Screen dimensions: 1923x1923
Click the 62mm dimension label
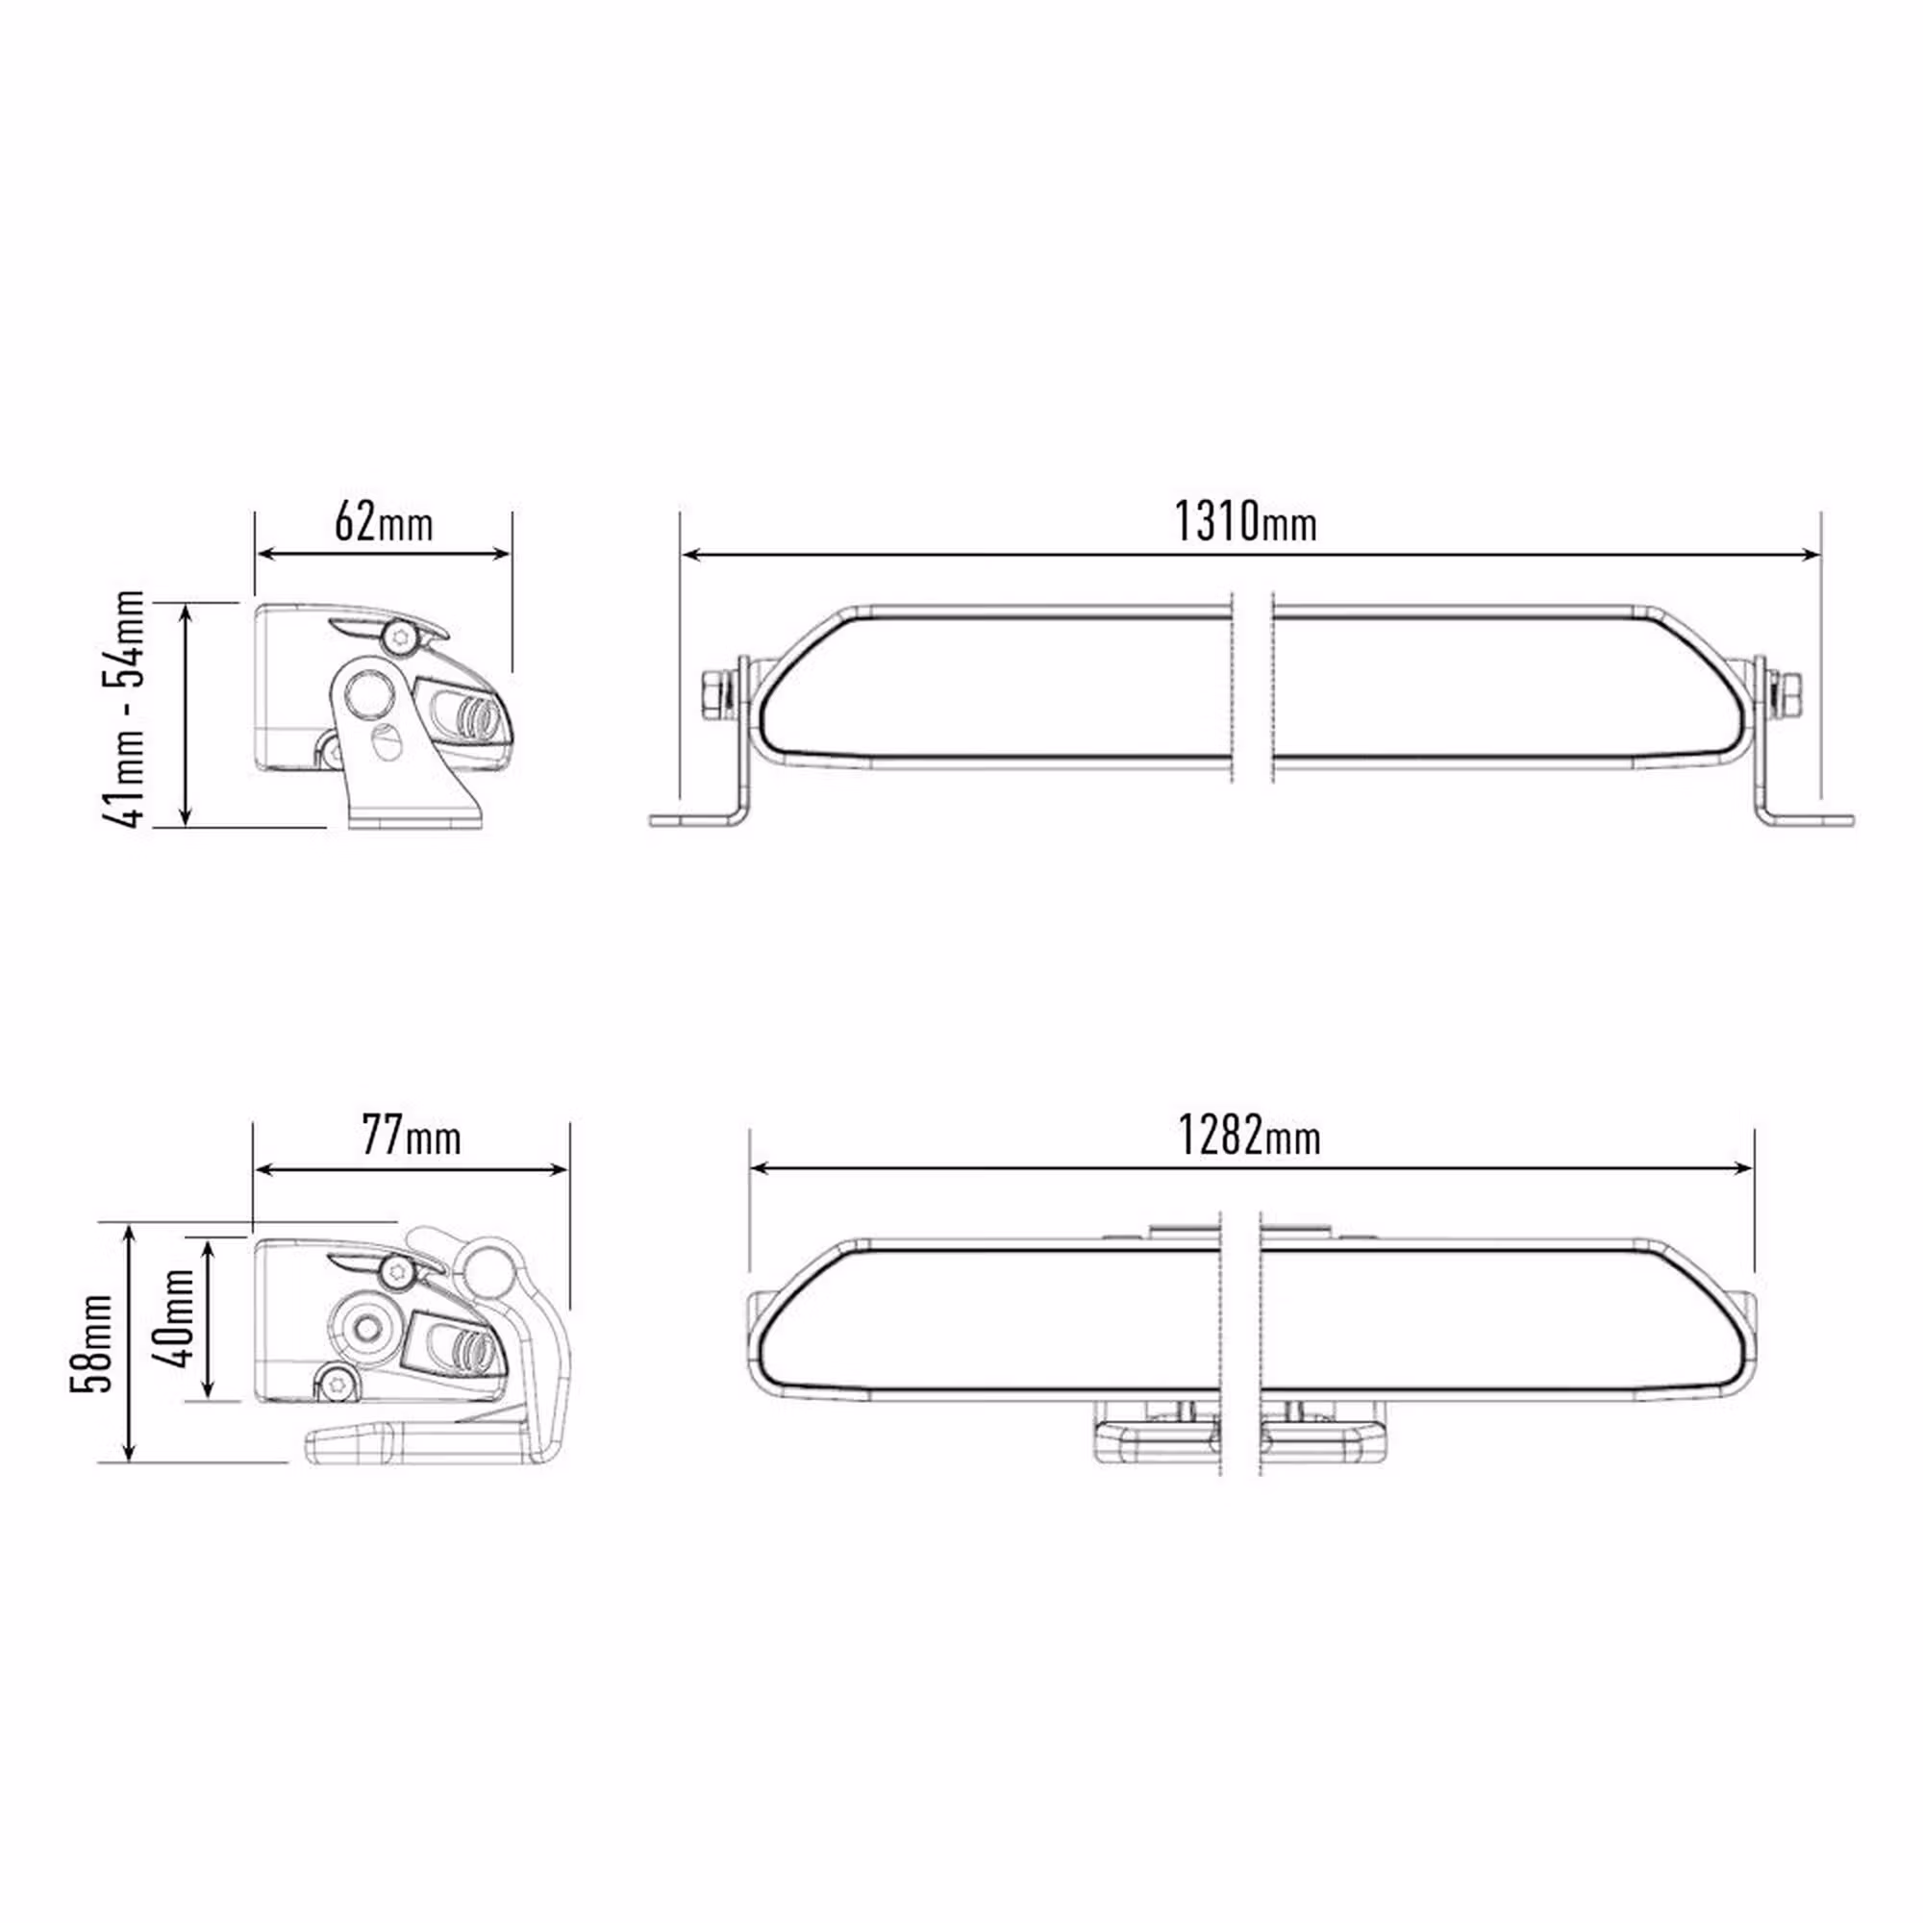[x=384, y=521]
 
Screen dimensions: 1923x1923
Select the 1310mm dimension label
[x=1245, y=521]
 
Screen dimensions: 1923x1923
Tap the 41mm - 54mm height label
[x=123, y=709]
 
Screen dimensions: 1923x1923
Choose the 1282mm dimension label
[x=1249, y=1135]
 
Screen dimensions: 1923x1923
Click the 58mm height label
[x=92, y=1344]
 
